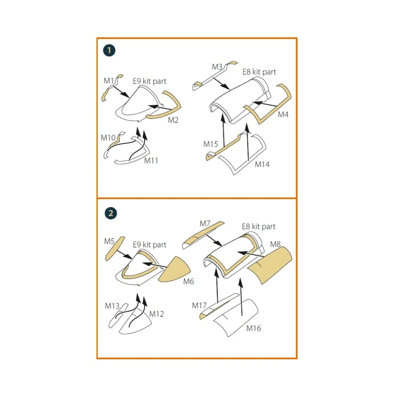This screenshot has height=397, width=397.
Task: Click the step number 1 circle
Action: point(109,51)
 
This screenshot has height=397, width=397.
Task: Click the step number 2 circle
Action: point(110,213)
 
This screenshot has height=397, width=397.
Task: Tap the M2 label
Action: point(173,120)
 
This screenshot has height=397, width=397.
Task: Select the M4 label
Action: point(283,114)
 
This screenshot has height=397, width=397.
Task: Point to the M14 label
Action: point(262,164)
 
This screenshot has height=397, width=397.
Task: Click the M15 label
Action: point(210,144)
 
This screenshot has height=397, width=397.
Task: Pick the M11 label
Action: point(151,160)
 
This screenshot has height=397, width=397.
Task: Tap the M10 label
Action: point(108,138)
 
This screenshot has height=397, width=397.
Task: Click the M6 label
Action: point(189,281)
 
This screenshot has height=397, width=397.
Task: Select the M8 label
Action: point(275,244)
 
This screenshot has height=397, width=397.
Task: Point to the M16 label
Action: point(254,328)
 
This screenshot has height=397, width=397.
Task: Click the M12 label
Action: point(156,314)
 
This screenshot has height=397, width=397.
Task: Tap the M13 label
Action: point(112,306)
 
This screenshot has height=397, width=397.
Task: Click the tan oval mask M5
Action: point(115,249)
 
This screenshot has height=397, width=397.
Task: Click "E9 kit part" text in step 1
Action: point(149,81)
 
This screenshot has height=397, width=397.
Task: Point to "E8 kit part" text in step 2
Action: point(259,227)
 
